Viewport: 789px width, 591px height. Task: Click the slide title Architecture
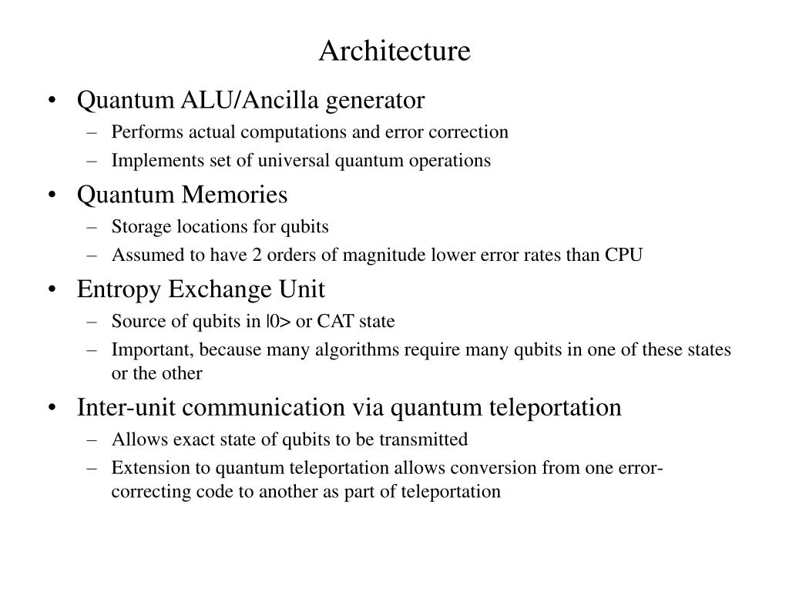394,51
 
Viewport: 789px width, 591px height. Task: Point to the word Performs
139,132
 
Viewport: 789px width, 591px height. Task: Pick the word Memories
234,195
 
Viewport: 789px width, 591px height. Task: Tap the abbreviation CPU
625,255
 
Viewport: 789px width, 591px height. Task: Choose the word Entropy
119,289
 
